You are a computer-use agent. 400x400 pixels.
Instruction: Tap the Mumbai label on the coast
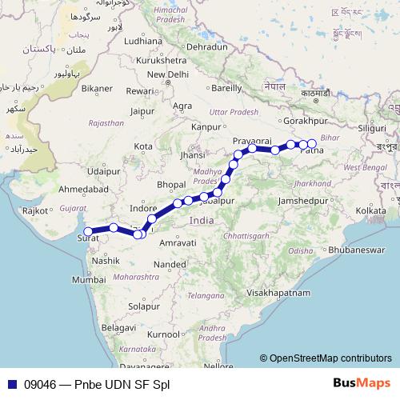[89, 281]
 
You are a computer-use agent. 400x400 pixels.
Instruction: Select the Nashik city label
[106, 261]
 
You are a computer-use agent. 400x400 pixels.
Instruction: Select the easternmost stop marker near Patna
[312, 145]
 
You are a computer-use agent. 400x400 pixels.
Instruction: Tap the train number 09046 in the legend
[41, 383]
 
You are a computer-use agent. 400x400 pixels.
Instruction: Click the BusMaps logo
[362, 383]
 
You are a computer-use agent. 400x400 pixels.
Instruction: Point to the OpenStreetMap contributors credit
[326, 359]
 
